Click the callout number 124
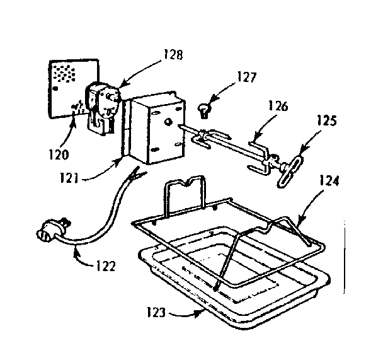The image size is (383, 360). coord(328,182)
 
